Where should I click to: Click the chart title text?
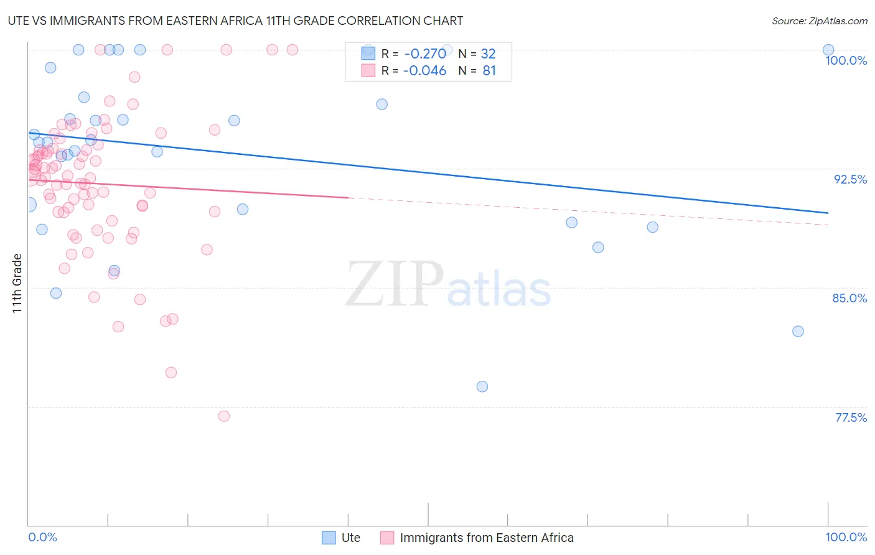click(x=235, y=21)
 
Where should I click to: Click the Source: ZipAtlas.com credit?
click(x=819, y=21)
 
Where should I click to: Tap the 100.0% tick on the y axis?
click(x=846, y=60)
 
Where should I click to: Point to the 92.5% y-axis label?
click(x=850, y=179)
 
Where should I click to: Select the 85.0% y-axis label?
click(x=849, y=298)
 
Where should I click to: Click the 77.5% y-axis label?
click(x=851, y=417)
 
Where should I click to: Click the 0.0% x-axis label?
click(x=42, y=537)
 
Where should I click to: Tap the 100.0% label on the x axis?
click(x=846, y=537)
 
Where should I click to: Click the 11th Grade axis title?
click(x=17, y=283)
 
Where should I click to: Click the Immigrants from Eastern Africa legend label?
click(x=486, y=538)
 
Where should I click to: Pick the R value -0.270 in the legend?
click(x=424, y=54)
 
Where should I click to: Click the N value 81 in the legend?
click(x=489, y=71)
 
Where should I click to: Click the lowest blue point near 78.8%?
click(x=482, y=386)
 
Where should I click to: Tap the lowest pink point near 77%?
click(x=224, y=416)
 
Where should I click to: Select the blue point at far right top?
click(x=828, y=50)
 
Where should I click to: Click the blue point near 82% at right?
click(x=798, y=331)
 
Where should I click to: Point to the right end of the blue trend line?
click(x=828, y=213)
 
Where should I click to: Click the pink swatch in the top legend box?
click(x=368, y=70)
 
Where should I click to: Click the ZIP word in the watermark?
click(x=395, y=284)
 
